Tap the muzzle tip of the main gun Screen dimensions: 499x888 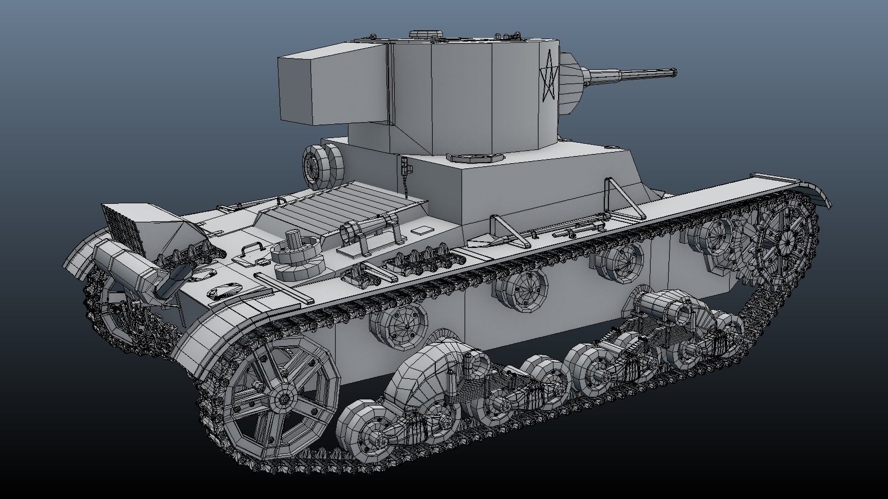click(673, 73)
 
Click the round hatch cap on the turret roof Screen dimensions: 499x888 click(425, 34)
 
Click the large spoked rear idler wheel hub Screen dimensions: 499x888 click(281, 399)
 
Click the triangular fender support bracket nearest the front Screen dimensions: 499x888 click(623, 200)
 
